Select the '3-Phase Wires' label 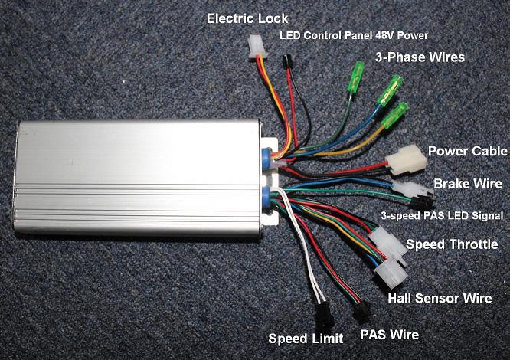pyautogui.click(x=420, y=57)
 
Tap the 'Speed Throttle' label pyautogui.click(x=452, y=244)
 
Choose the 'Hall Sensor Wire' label pyautogui.click(x=440, y=298)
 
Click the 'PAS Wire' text pyautogui.click(x=387, y=335)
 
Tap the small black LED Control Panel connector pyautogui.click(x=286, y=61)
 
